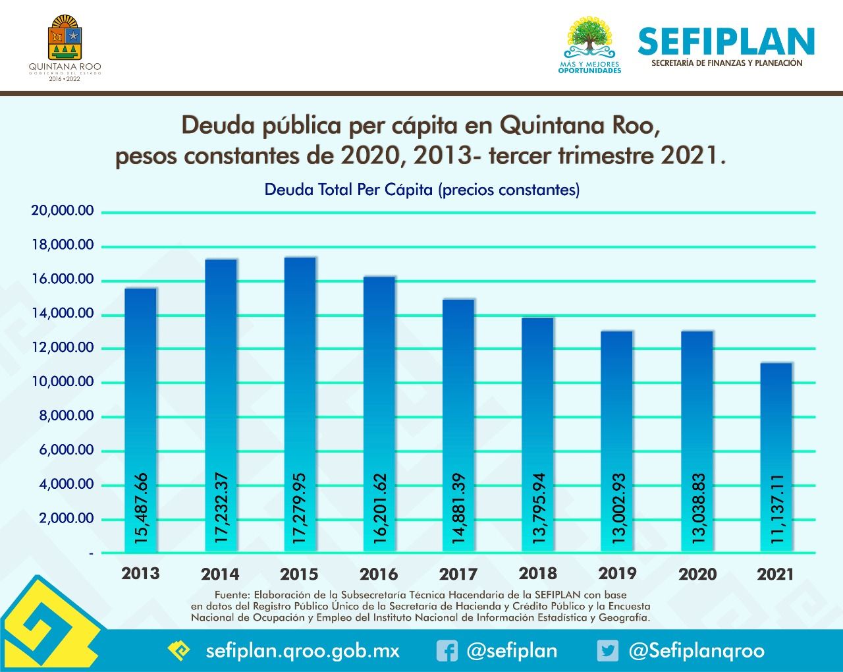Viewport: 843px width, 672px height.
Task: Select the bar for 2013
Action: (x=141, y=420)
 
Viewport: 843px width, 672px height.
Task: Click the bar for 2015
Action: (x=300, y=405)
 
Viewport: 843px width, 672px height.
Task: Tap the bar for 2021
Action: (x=776, y=457)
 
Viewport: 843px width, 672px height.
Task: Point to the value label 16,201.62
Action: (x=379, y=508)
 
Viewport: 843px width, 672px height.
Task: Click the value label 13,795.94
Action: (x=538, y=508)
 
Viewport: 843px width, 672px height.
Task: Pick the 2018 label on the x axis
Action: (x=538, y=574)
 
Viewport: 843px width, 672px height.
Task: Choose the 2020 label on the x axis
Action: (x=697, y=574)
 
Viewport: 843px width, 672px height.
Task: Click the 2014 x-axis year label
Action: (x=220, y=574)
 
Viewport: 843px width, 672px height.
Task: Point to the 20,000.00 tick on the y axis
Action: (x=63, y=210)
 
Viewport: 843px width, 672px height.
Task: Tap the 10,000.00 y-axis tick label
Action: (x=63, y=381)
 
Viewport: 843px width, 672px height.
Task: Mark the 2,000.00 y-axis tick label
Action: (x=67, y=518)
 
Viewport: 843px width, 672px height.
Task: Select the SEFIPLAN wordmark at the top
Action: (x=726, y=41)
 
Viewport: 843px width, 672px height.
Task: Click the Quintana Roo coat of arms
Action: (x=65, y=38)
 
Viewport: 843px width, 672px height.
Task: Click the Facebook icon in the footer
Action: (x=447, y=651)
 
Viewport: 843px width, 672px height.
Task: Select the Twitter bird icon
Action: (x=608, y=651)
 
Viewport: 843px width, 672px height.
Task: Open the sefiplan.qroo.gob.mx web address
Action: (x=302, y=651)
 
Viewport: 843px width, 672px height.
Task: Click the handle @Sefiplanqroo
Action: (x=697, y=651)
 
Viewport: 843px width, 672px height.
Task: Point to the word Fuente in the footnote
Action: (x=232, y=595)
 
